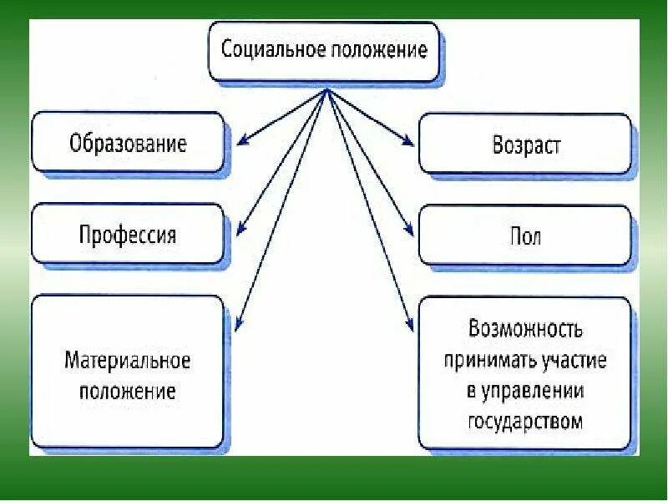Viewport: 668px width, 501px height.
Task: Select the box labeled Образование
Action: (x=128, y=143)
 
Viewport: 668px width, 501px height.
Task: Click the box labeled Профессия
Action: (x=128, y=234)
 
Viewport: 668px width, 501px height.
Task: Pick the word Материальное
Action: (x=128, y=362)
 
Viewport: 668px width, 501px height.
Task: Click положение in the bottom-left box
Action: (x=128, y=391)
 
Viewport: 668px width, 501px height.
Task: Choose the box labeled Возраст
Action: (x=525, y=145)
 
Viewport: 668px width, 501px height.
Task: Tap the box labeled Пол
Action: (x=525, y=235)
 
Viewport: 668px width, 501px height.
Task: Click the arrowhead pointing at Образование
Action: (x=238, y=141)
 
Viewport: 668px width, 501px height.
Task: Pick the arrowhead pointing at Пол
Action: (x=410, y=233)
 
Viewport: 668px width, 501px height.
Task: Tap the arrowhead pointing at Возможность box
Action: (x=411, y=326)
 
